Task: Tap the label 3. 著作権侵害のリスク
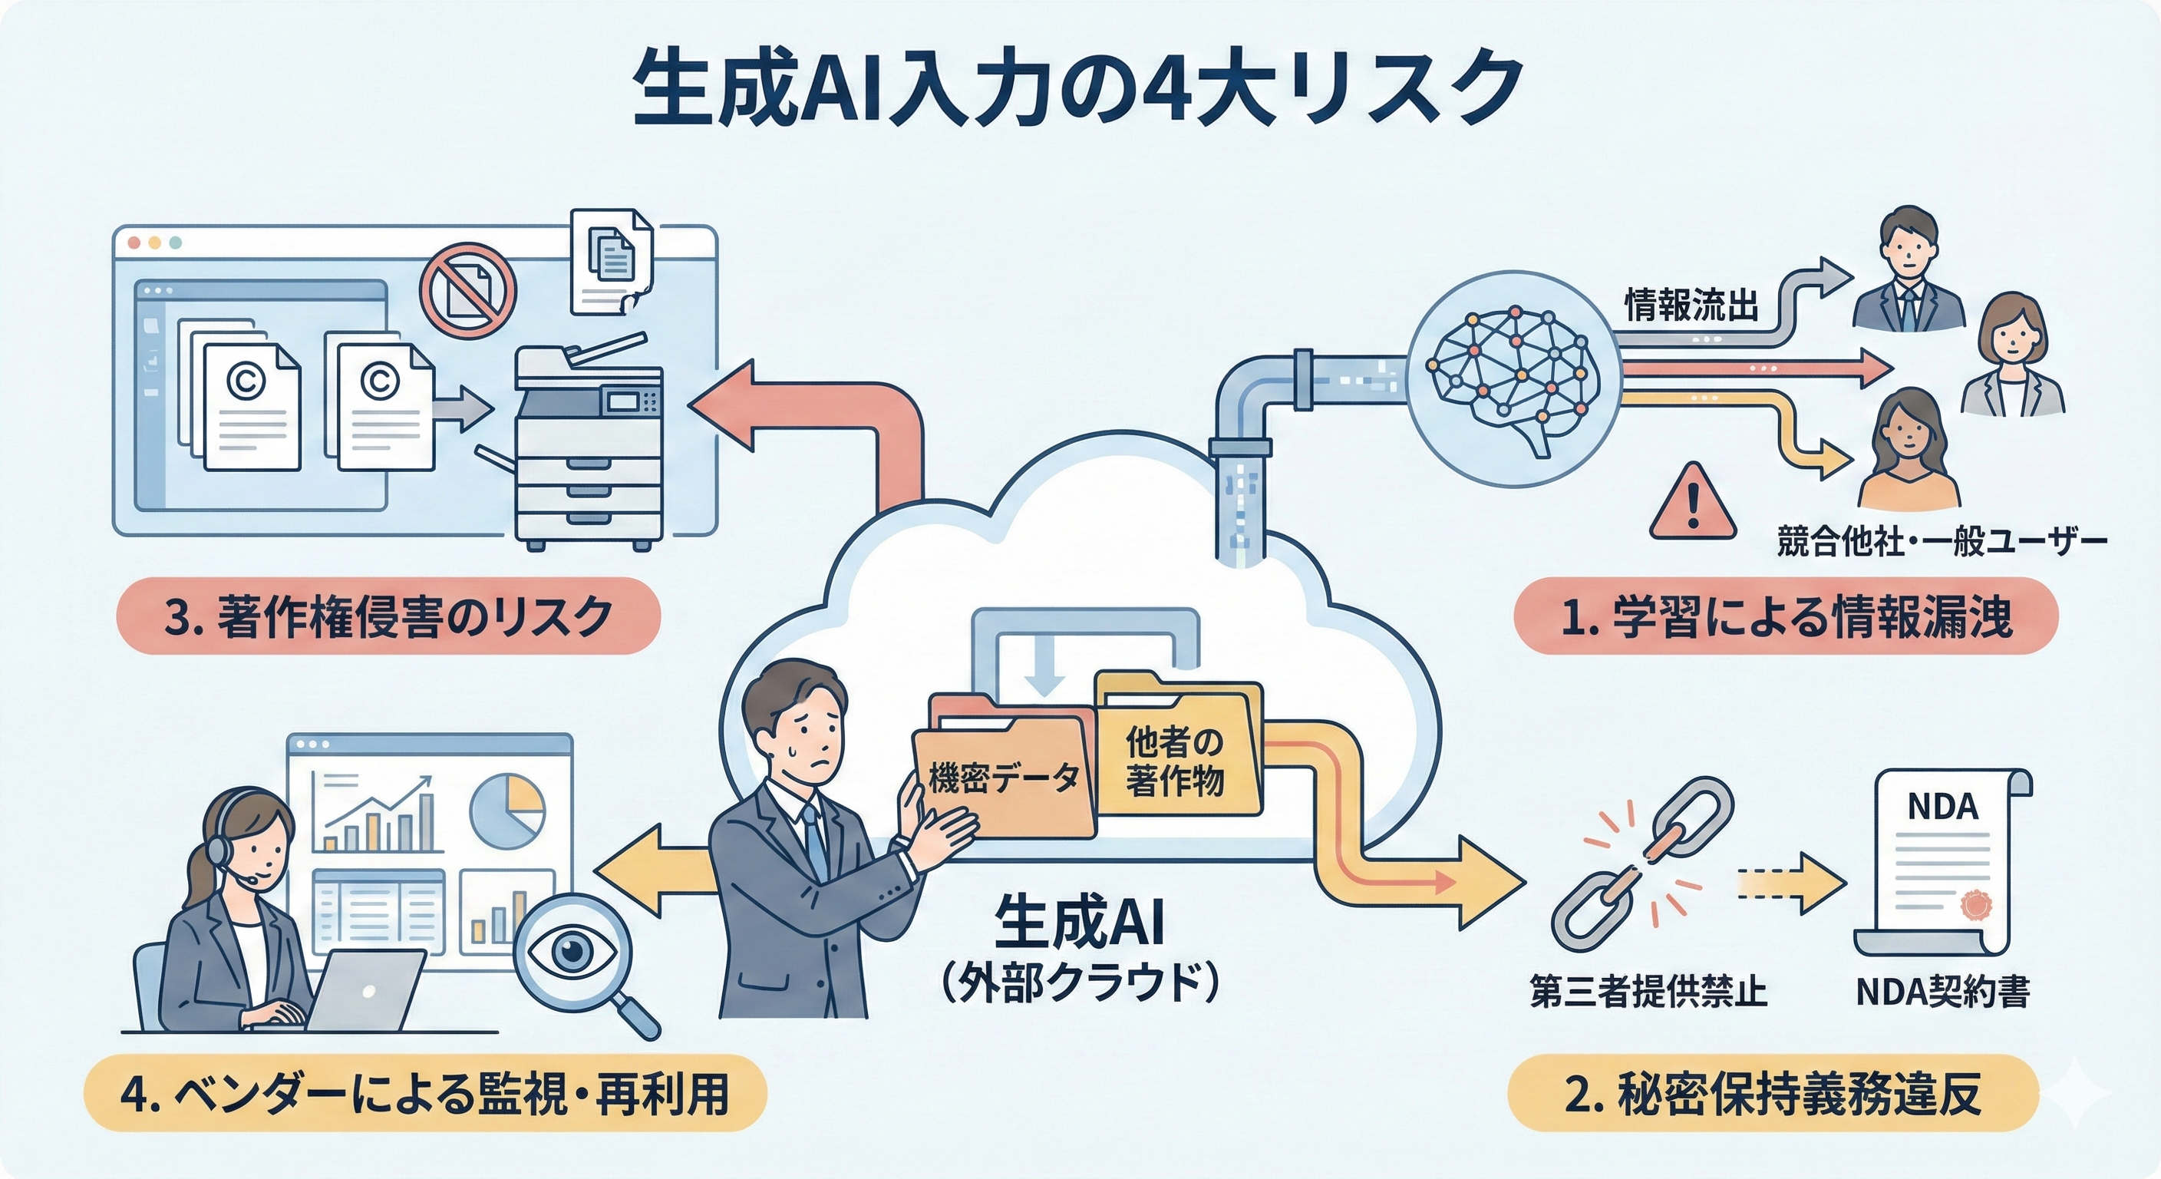click(388, 617)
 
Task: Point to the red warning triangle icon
click(1692, 504)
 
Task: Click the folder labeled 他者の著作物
click(1174, 759)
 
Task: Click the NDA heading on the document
click(1942, 807)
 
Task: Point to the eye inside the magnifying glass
click(572, 951)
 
